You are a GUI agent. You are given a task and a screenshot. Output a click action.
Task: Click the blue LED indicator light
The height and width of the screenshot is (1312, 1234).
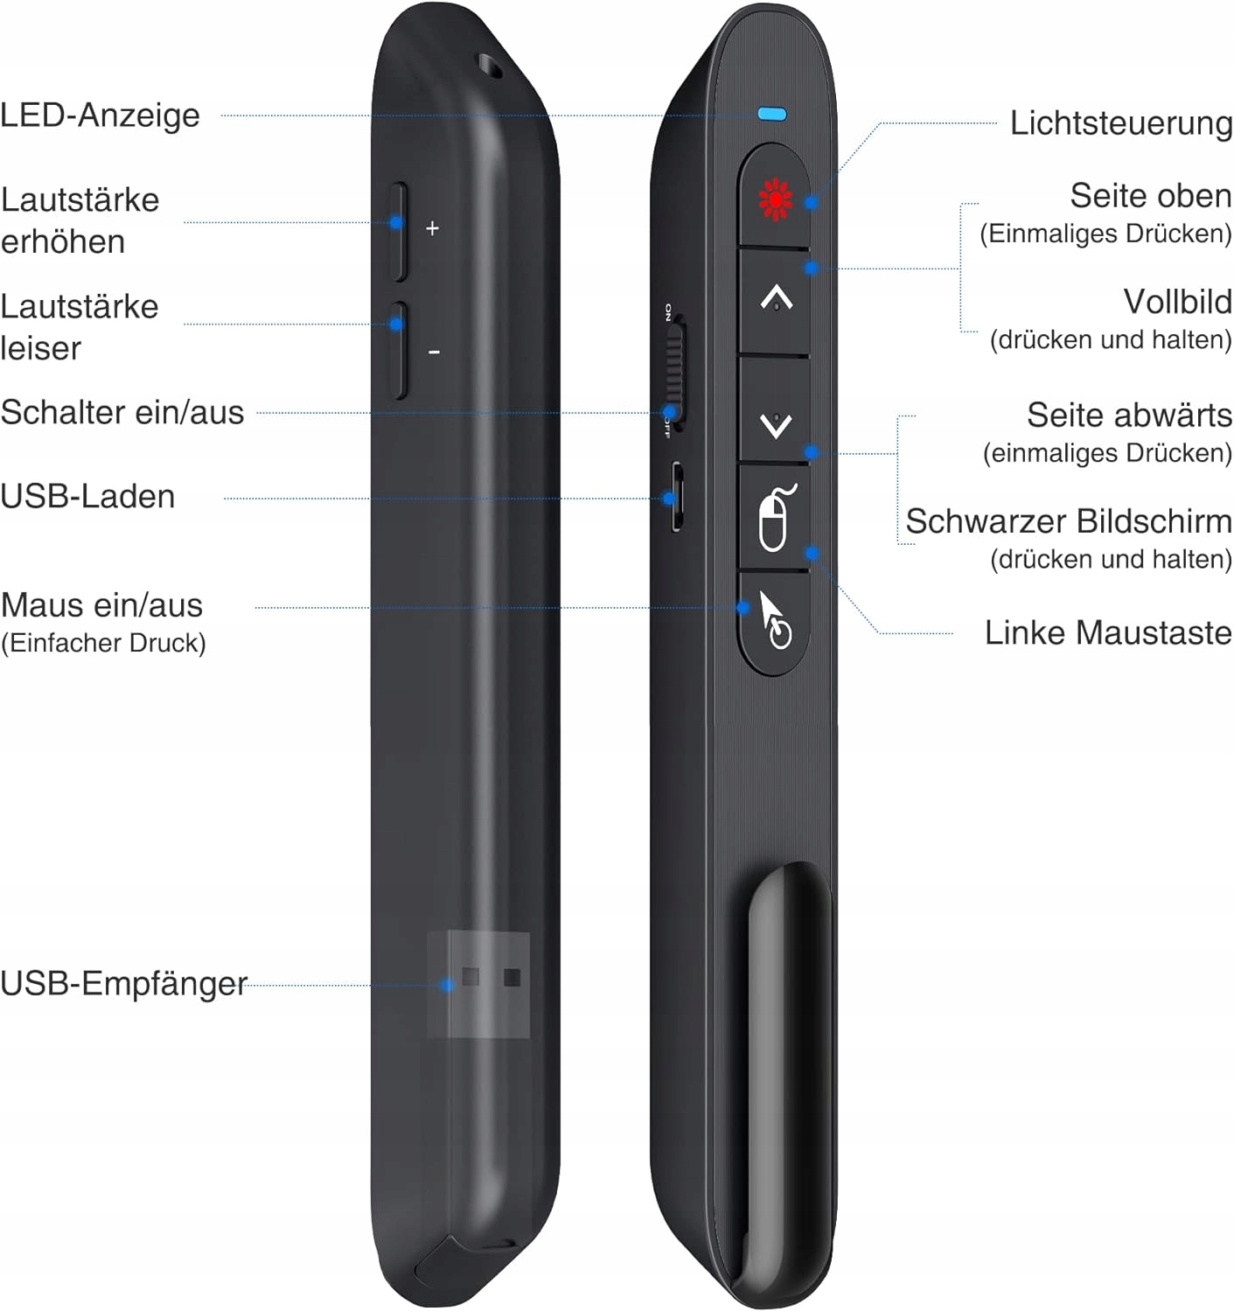pyautogui.click(x=772, y=114)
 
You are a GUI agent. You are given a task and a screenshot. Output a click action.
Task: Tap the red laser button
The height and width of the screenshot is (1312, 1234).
pyautogui.click(x=775, y=198)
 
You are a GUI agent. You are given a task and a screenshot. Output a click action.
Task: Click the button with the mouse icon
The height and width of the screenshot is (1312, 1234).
pyautogui.click(x=775, y=518)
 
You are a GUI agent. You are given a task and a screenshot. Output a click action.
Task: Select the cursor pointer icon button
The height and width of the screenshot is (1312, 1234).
pyautogui.click(x=773, y=622)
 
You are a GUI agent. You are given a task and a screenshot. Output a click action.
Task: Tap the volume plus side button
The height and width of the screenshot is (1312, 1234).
pyautogui.click(x=399, y=232)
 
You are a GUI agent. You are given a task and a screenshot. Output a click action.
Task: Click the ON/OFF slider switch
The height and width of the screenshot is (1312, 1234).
pyautogui.click(x=673, y=372)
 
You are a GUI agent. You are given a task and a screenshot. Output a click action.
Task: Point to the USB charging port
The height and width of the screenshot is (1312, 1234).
pyautogui.click(x=676, y=497)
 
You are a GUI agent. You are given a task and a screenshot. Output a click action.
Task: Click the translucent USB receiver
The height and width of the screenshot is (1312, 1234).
pyautogui.click(x=479, y=984)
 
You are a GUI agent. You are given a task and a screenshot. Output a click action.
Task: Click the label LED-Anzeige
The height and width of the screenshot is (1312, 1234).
pyautogui.click(x=101, y=115)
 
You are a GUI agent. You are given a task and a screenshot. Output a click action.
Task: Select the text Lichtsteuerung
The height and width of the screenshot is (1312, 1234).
pyautogui.click(x=1120, y=123)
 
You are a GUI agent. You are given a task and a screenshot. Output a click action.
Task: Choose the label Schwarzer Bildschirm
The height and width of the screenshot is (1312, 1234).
pyautogui.click(x=1068, y=521)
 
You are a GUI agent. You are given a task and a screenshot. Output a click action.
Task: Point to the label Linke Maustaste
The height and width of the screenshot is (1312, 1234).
pyautogui.click(x=1107, y=632)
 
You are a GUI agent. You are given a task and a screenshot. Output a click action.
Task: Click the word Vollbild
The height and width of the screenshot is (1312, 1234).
pyautogui.click(x=1177, y=302)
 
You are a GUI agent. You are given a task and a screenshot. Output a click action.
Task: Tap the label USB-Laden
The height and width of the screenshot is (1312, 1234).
pyautogui.click(x=87, y=497)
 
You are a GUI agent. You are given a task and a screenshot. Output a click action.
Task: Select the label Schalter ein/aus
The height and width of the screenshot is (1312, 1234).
pyautogui.click(x=122, y=412)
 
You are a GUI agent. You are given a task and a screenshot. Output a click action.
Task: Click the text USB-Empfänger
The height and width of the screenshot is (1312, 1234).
pyautogui.click(x=123, y=983)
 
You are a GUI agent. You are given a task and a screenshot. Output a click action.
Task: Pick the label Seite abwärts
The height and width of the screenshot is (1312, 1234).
pyautogui.click(x=1128, y=415)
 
